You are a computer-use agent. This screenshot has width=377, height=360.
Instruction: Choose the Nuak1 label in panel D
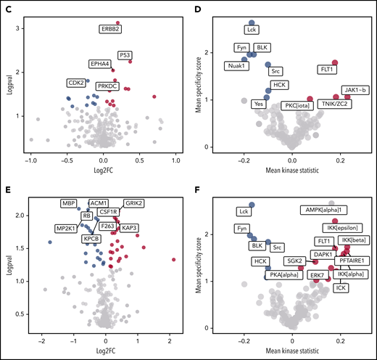pyautogui.click(x=233, y=67)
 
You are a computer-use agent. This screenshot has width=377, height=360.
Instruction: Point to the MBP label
pyautogui.click(x=69, y=204)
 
